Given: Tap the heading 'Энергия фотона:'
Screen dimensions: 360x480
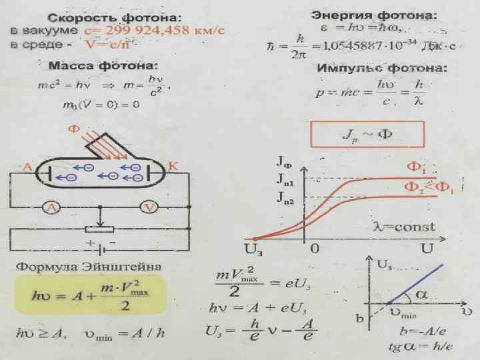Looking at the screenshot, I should [x=375, y=15].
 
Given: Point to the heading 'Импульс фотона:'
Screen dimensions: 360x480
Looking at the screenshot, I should [x=382, y=69].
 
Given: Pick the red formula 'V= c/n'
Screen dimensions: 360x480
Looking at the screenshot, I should [x=106, y=43].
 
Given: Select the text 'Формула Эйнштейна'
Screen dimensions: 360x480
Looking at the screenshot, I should [x=89, y=267].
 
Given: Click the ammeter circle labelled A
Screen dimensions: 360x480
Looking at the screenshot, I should [x=52, y=208].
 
